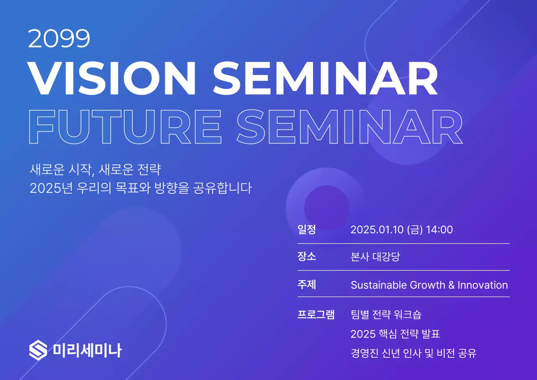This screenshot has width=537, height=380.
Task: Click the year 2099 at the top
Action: [59, 39]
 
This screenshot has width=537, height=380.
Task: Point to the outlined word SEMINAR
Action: [350, 126]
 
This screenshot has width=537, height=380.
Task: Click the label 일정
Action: [306, 229]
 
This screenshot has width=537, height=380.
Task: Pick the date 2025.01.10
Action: [377, 230]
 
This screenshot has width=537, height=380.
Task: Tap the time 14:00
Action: [439, 230]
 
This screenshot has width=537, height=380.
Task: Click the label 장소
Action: [306, 256]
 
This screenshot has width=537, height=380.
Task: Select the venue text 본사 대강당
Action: [375, 257]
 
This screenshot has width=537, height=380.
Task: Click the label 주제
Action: [306, 284]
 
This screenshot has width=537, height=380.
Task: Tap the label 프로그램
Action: [315, 314]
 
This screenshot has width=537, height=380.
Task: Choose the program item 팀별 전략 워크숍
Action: [386, 314]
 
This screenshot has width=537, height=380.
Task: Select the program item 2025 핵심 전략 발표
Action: [395, 334]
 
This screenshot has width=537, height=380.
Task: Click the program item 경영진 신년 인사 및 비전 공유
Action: [413, 353]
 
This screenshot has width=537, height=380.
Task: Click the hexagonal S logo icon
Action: [38, 350]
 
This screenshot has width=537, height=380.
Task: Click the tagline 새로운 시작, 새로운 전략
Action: [95, 170]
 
